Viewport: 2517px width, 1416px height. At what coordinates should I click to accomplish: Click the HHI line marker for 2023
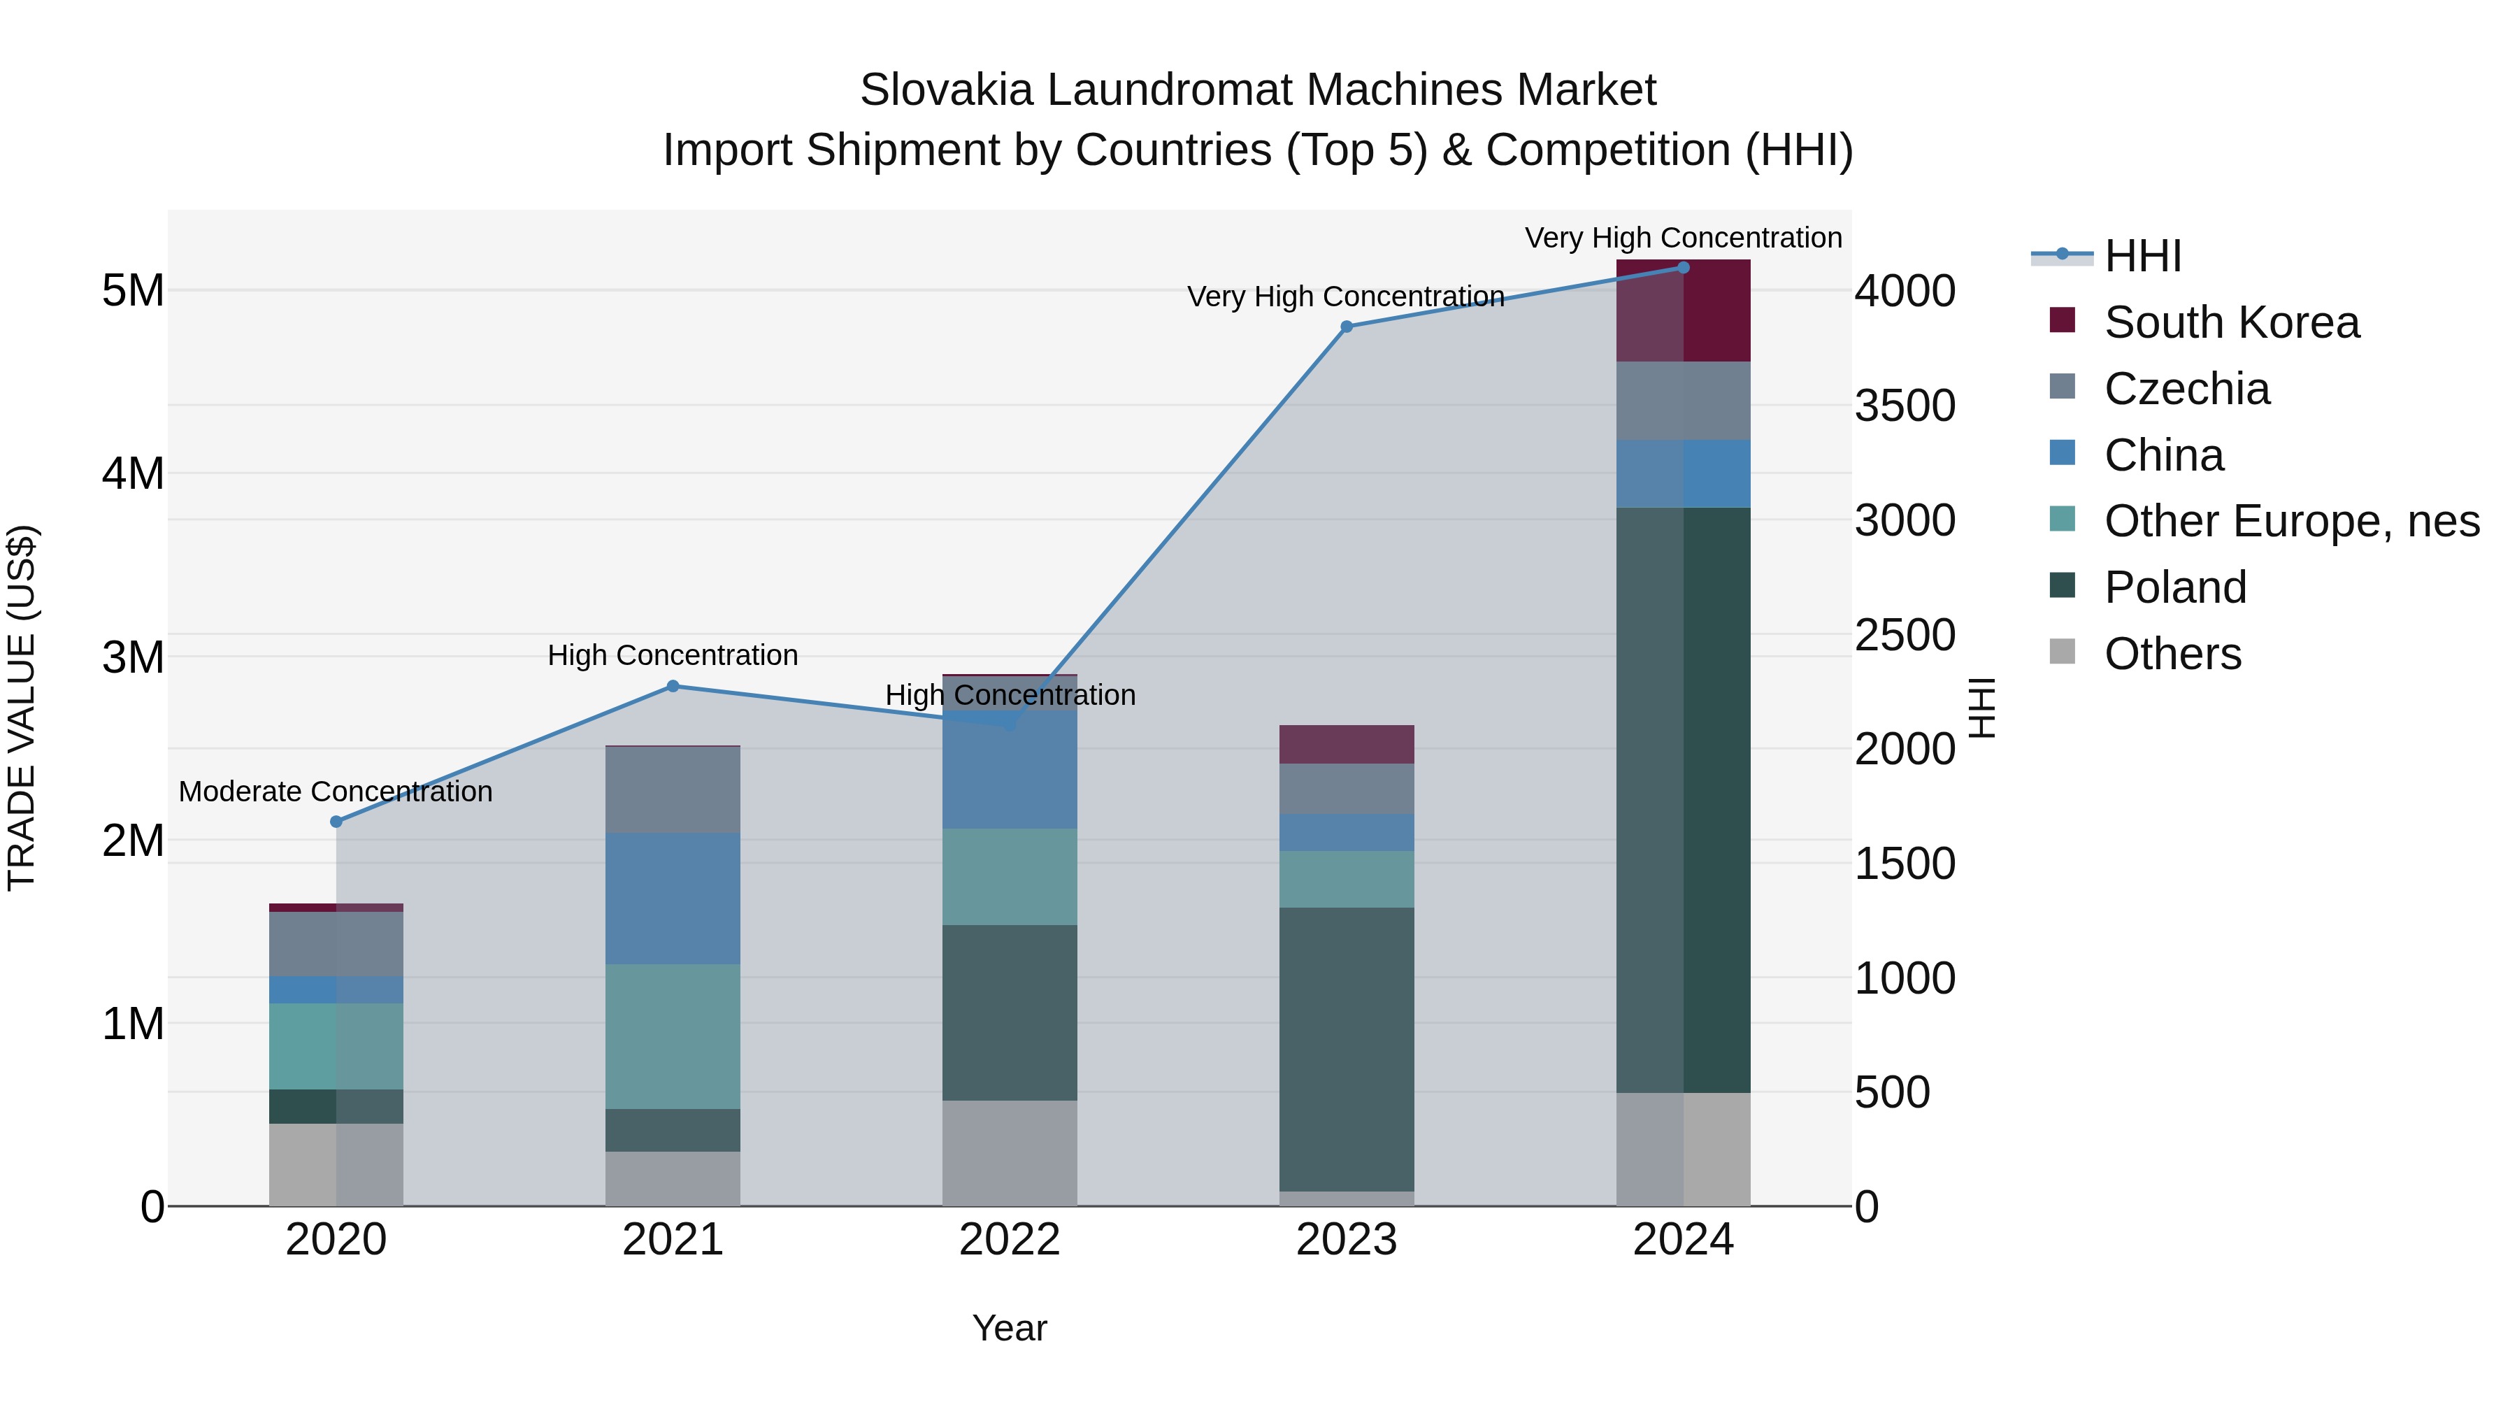pos(1347,327)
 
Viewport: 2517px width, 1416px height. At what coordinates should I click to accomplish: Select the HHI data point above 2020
pos(336,822)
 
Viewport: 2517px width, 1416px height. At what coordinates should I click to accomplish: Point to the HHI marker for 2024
pos(1684,268)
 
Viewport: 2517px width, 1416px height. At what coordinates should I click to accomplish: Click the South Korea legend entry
pos(2231,322)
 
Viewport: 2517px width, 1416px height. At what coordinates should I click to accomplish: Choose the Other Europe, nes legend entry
pos(2291,521)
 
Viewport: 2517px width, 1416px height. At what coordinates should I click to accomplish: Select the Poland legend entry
pos(2175,587)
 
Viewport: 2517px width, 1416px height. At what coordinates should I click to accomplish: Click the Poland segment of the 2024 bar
pos(1684,799)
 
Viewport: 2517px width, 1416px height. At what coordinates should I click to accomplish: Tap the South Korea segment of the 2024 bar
pos(1684,310)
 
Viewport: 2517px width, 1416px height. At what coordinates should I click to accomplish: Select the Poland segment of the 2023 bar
pos(1347,1049)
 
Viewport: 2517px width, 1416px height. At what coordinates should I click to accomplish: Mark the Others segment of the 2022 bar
pos(1010,1153)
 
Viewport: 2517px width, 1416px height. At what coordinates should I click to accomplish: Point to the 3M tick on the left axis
pos(133,657)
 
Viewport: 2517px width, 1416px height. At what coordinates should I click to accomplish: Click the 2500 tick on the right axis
pos(1905,635)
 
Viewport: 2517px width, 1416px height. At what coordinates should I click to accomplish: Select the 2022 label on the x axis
pos(1010,1240)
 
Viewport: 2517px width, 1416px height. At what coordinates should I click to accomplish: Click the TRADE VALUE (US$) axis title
pos(22,708)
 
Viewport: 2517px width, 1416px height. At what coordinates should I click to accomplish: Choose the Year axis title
pos(1010,1328)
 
